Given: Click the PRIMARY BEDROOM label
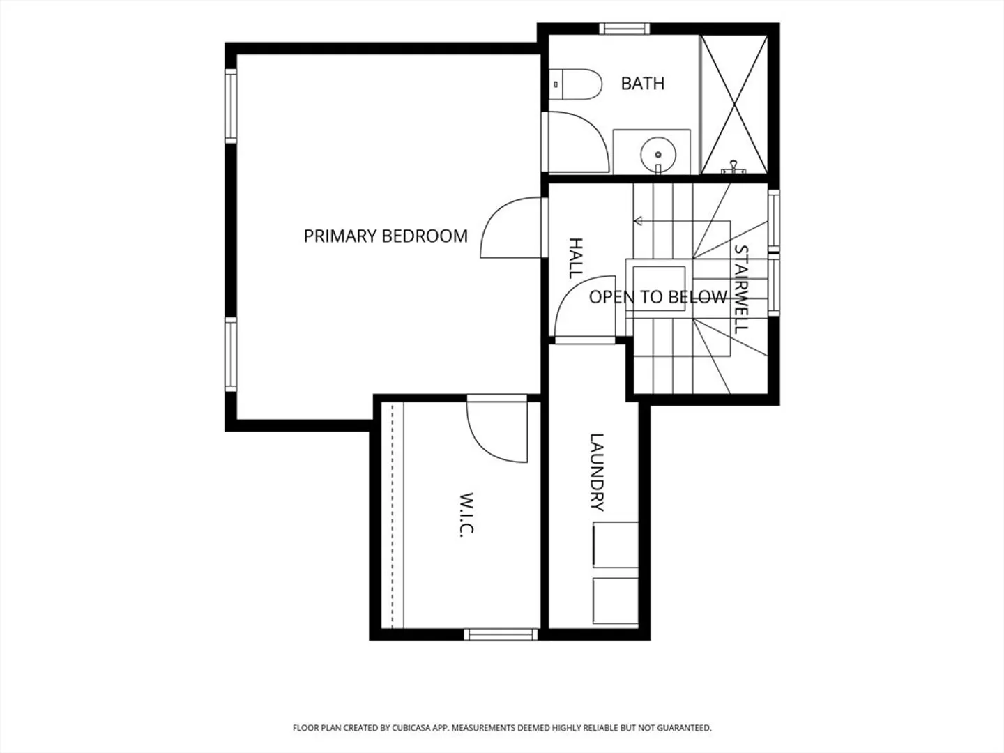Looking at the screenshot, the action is tap(386, 236).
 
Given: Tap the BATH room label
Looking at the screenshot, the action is tap(643, 84).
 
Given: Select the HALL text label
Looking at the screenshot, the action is tap(575, 258).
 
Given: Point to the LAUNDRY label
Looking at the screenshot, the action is tap(597, 472).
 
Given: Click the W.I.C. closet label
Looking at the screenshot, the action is tap(467, 515).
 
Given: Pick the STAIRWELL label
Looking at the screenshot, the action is tap(741, 289).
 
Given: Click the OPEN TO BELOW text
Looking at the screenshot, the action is tap(657, 297).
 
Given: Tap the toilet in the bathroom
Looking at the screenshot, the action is tap(575, 84).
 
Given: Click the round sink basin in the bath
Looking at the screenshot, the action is tap(658, 155).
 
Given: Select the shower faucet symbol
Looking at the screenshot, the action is tap(733, 167).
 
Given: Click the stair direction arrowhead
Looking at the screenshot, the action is tap(638, 221).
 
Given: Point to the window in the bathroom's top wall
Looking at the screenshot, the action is tap(624, 29).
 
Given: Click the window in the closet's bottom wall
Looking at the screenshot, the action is tap(501, 634).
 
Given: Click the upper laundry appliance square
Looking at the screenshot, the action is tap(615, 545).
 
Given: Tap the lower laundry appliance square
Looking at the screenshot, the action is tap(615, 601).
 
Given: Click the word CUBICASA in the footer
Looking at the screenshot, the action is tap(411, 728).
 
